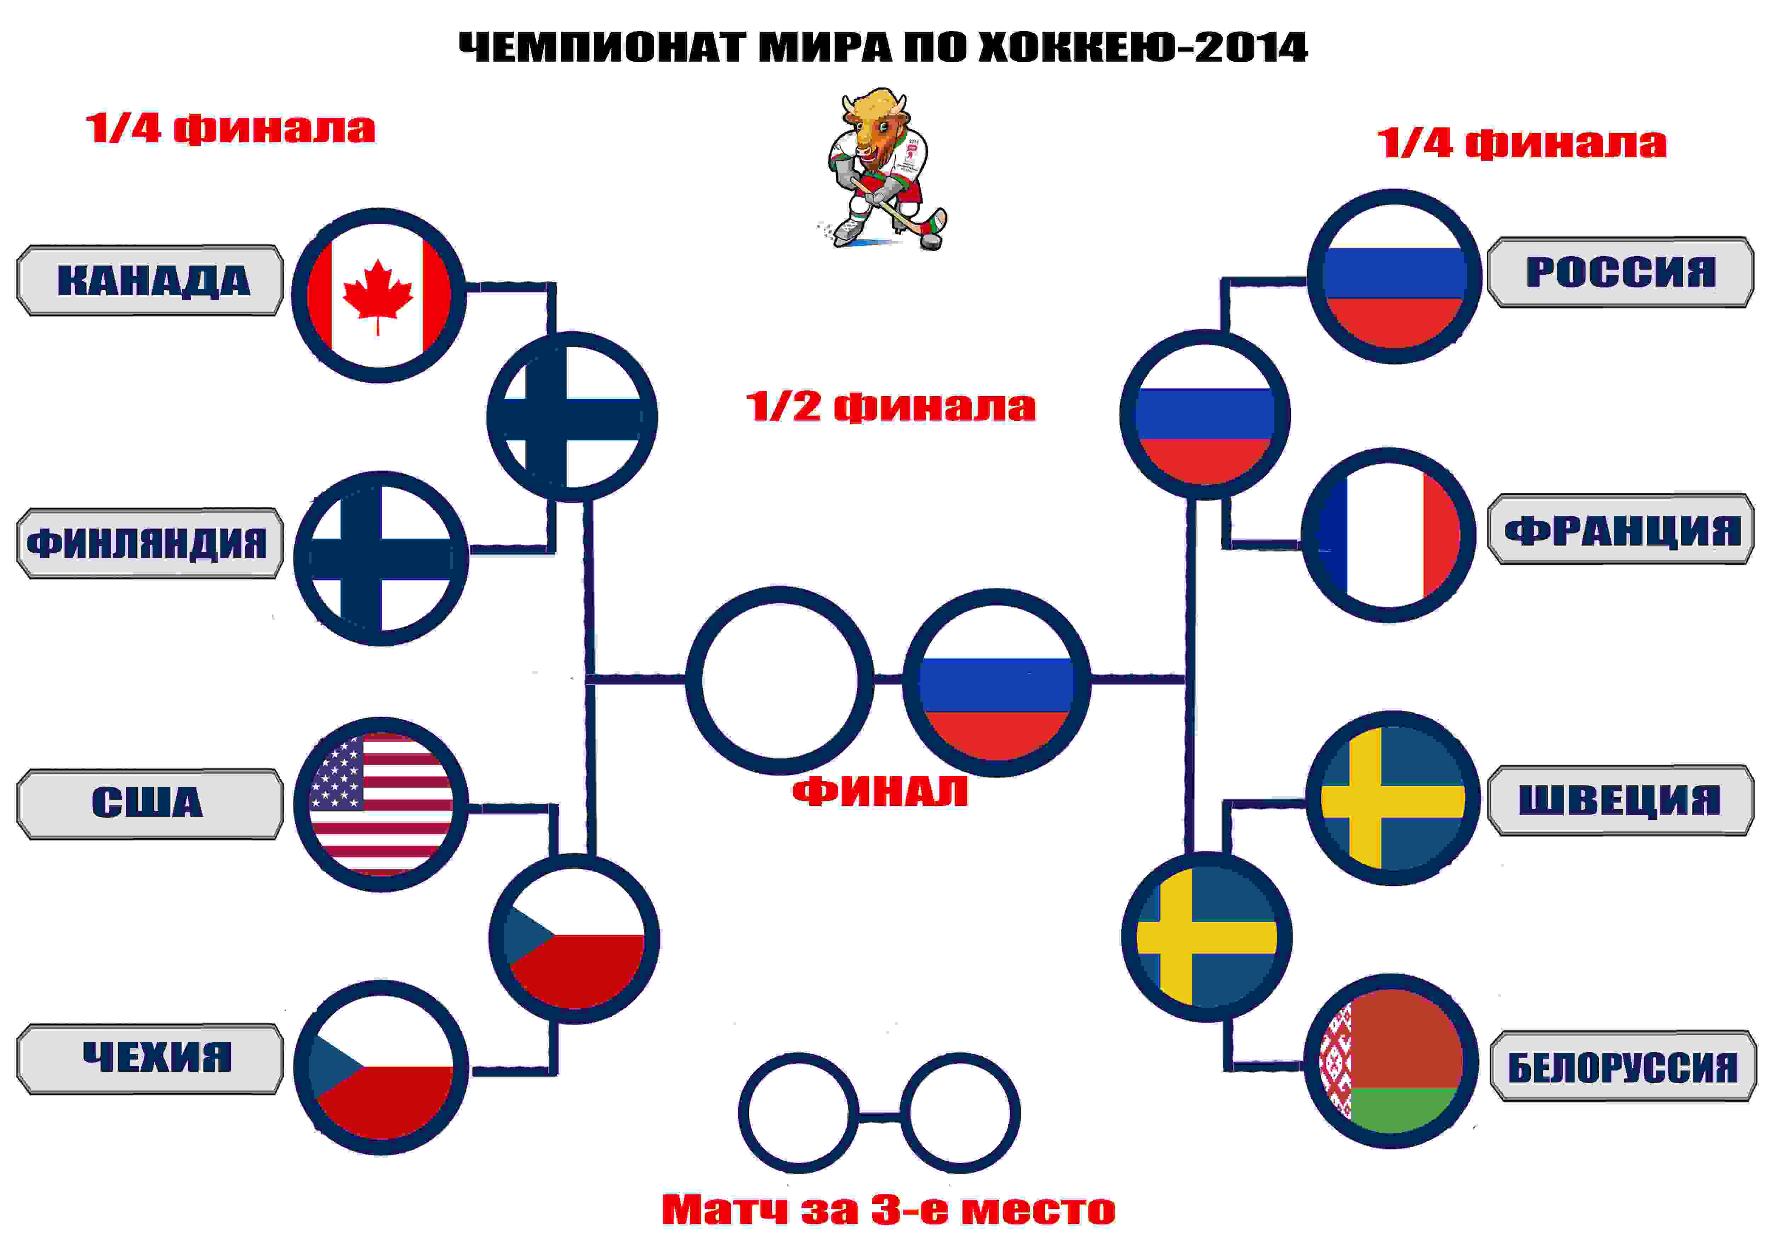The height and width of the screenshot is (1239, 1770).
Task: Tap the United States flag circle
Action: (x=381, y=804)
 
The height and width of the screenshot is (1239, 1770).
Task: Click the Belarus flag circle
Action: (x=1391, y=1061)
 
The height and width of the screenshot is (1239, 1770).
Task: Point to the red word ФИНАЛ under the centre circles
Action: (x=880, y=792)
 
